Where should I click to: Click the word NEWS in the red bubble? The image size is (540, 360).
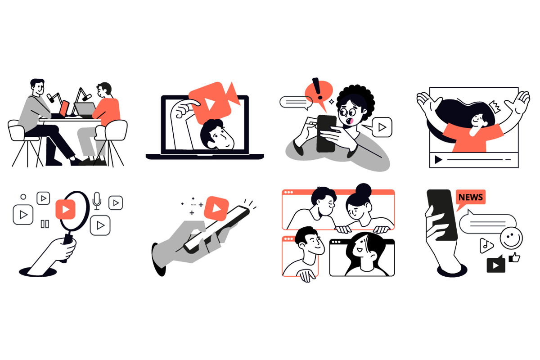(x=470, y=197)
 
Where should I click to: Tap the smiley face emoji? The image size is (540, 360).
(x=511, y=238)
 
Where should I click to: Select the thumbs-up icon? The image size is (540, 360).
(x=514, y=257)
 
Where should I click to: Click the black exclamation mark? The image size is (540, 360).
(x=317, y=88)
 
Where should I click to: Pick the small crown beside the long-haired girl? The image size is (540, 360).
(x=495, y=107)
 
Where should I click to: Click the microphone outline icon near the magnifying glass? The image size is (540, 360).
(x=97, y=201)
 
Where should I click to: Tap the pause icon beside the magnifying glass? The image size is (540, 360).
(x=45, y=224)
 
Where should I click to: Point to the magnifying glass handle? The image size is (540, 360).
(x=68, y=241)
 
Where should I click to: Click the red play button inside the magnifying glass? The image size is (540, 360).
(x=66, y=209)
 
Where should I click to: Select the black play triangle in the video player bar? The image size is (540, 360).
(x=438, y=160)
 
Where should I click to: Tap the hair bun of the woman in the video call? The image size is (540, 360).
(x=363, y=190)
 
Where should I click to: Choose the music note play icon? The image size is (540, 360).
(x=486, y=245)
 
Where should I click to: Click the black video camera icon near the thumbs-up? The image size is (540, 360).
(x=496, y=265)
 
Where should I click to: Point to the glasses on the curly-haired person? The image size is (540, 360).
(x=347, y=112)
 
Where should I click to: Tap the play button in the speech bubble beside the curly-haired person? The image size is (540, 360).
(x=382, y=127)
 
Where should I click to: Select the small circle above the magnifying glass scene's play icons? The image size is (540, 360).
(x=23, y=197)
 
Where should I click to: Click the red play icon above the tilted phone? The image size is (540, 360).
(x=216, y=208)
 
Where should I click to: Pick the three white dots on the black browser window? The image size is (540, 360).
(x=336, y=242)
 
